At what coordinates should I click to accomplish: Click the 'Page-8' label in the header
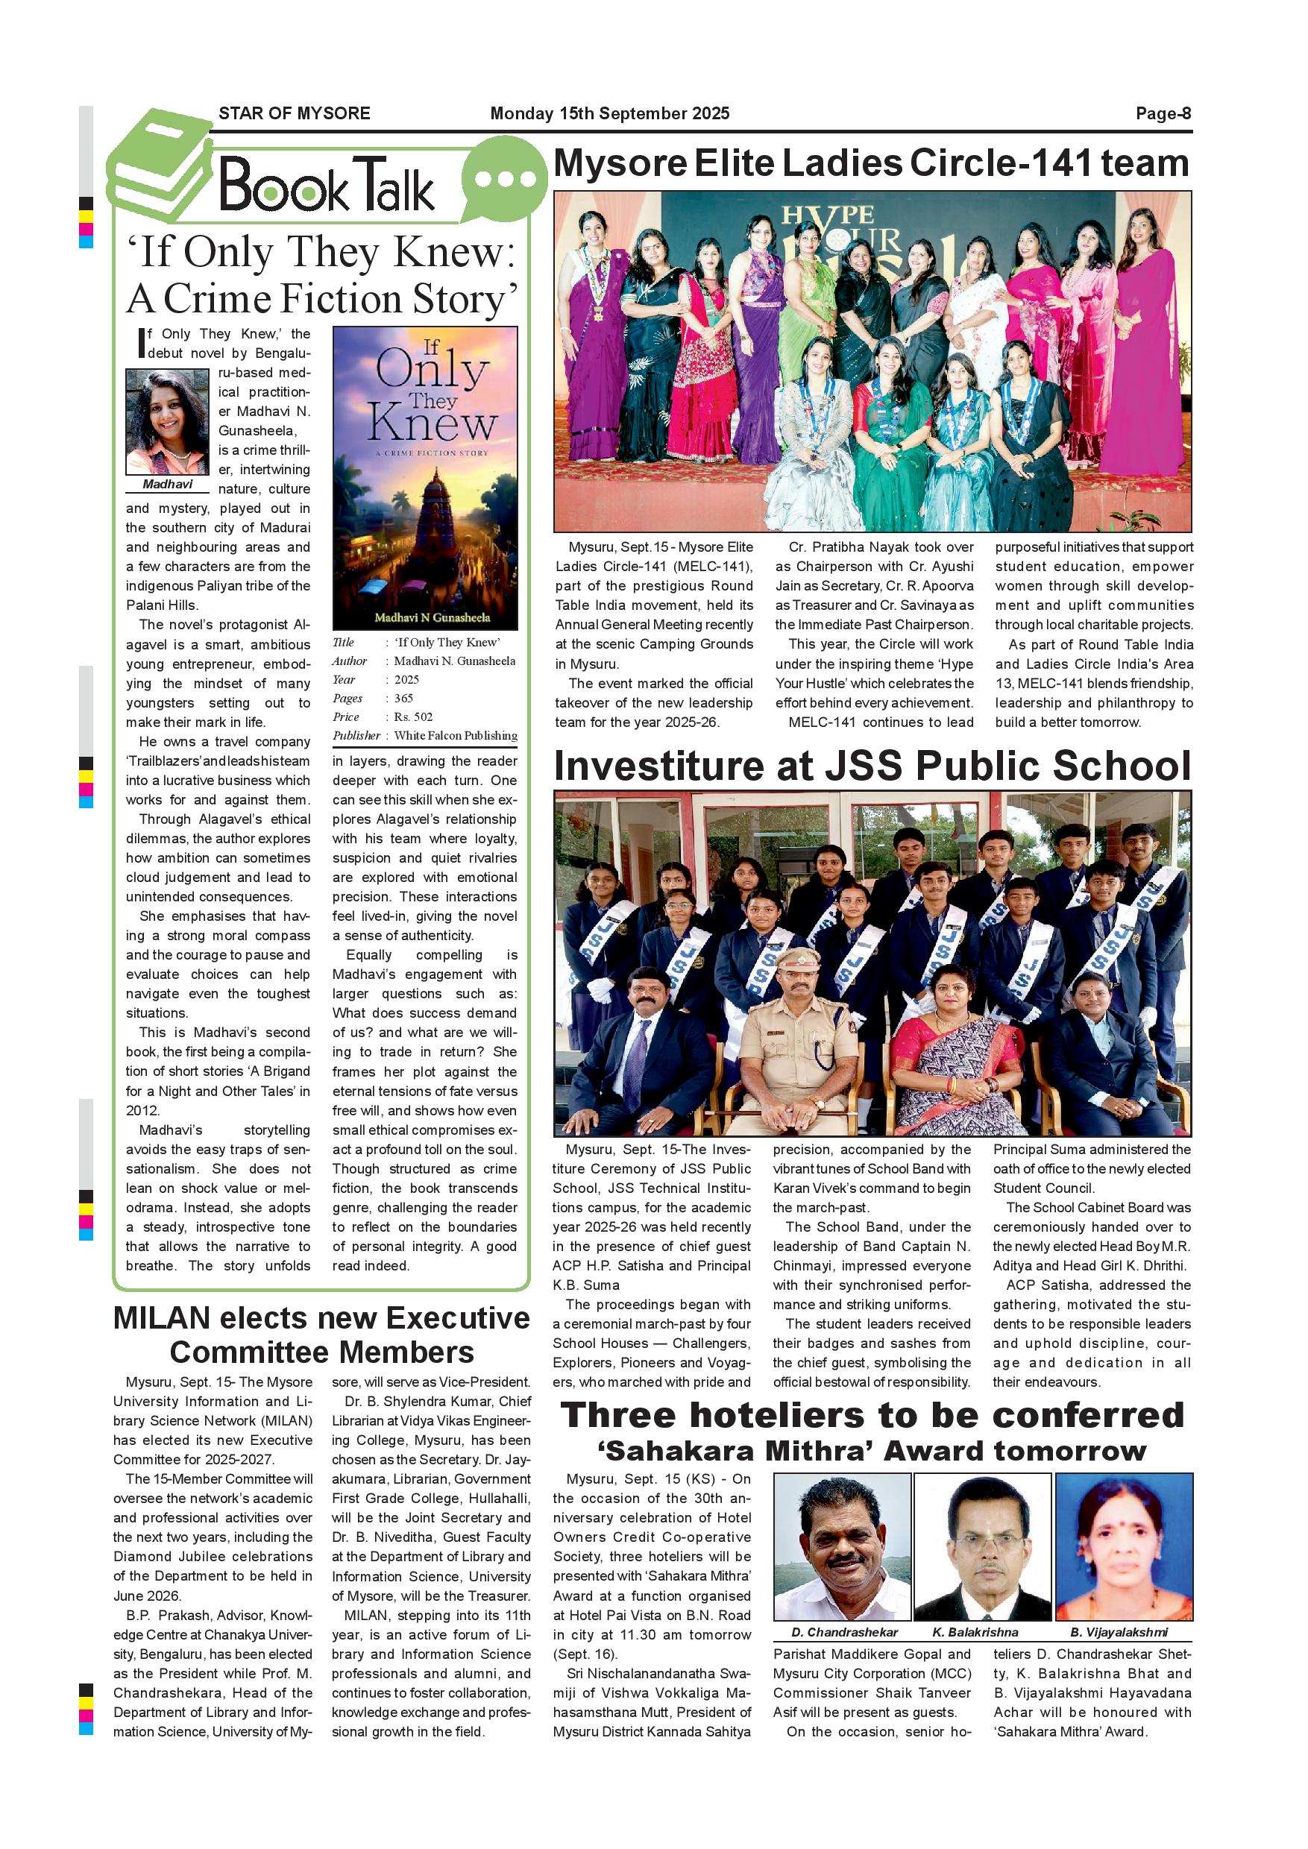(x=1163, y=113)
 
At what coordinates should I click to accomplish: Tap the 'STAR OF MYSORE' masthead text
(x=294, y=113)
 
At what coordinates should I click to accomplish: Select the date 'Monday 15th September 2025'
(x=610, y=113)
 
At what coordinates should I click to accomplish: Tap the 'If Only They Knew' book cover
(x=425, y=478)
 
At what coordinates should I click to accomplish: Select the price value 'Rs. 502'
(x=413, y=716)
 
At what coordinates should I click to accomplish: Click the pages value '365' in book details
(x=403, y=698)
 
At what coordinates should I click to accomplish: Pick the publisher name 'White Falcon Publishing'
(x=456, y=735)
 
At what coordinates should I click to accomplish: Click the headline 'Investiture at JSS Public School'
(x=872, y=766)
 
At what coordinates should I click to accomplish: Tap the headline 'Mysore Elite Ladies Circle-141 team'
(x=871, y=163)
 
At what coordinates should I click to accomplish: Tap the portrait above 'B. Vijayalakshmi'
(x=1124, y=1546)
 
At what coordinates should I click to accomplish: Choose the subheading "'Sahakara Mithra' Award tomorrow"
(x=872, y=1451)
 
